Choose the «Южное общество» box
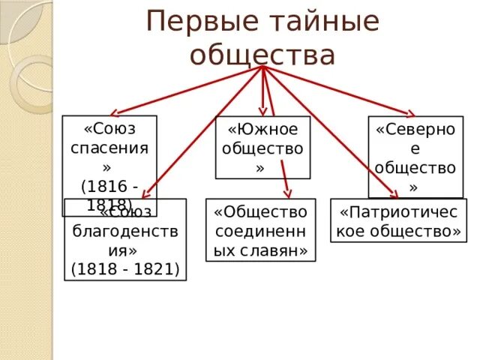[262, 147]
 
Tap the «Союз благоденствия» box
[125, 239]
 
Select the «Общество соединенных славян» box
[261, 229]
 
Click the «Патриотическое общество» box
[398, 221]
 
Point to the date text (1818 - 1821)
[125, 268]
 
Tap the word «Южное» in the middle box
[262, 129]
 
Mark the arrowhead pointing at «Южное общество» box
[262, 110]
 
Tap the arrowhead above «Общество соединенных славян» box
[287, 194]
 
